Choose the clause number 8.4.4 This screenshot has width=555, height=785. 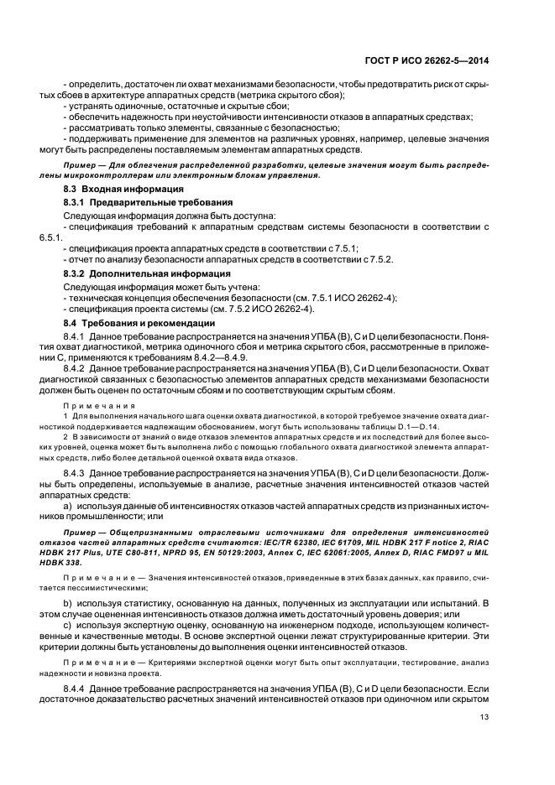77,688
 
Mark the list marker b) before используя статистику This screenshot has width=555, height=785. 68,602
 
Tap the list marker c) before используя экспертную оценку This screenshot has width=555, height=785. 68,626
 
